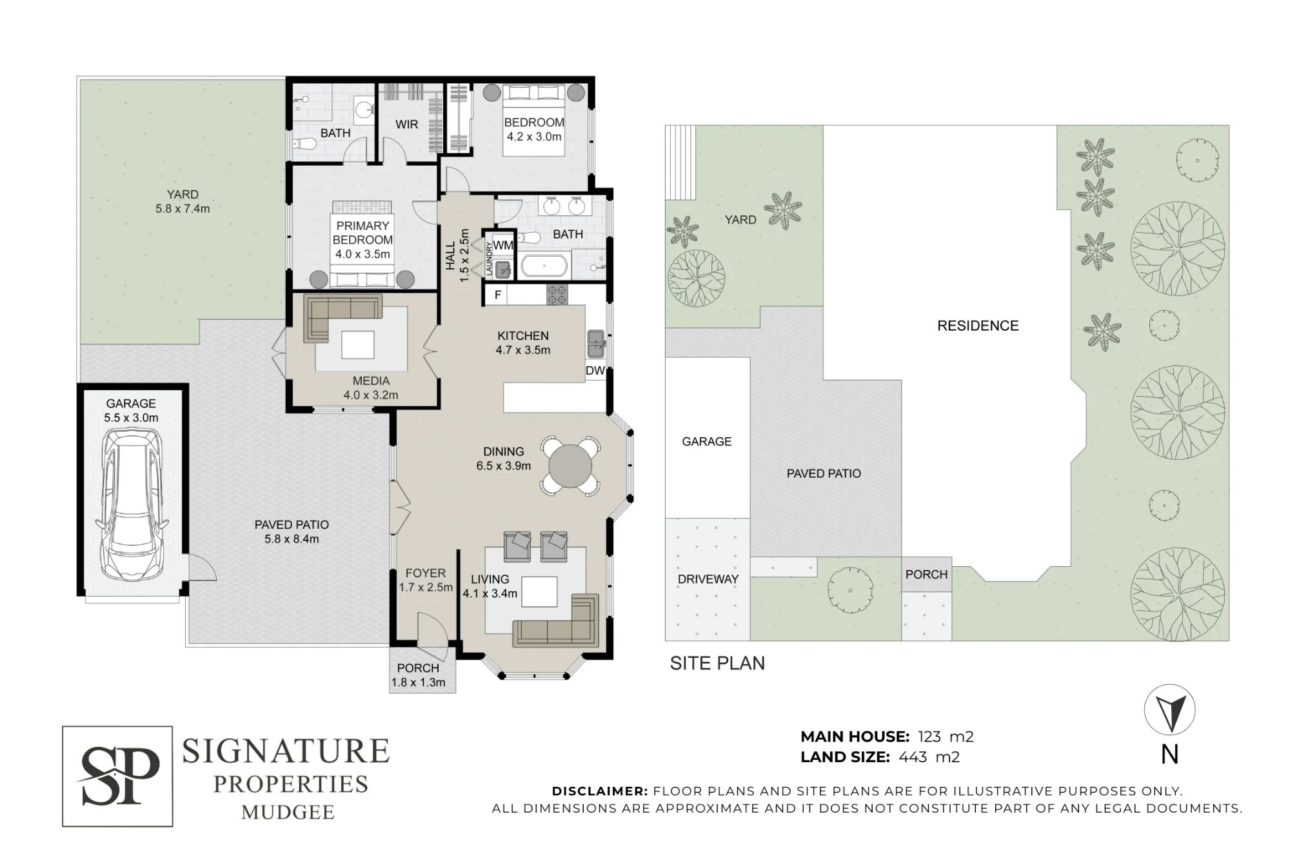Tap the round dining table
570,466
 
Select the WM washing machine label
503,245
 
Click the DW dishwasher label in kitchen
595,371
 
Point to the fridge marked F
497,295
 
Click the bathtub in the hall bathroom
544,266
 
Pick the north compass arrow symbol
1170,710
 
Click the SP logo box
117,776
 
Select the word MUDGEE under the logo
288,812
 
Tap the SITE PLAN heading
717,664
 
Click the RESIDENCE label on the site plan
978,326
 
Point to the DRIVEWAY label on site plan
708,579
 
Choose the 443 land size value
913,757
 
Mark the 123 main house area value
929,736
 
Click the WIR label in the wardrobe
406,124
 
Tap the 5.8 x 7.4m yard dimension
183,209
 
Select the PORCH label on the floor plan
418,668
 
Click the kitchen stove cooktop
557,295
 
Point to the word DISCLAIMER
600,791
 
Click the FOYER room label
426,573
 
